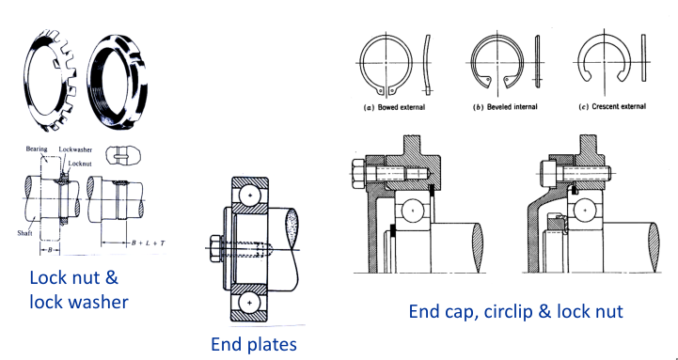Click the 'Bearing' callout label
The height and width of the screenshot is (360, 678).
pyautogui.click(x=37, y=149)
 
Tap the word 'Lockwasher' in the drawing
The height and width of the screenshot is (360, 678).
pyautogui.click(x=75, y=150)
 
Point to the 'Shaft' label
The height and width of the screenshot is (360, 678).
pyautogui.click(x=24, y=233)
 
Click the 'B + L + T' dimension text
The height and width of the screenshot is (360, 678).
pyautogui.click(x=148, y=243)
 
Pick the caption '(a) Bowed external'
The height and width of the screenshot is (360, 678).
pyautogui.click(x=393, y=107)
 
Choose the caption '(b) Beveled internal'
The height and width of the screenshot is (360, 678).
pyautogui.click(x=505, y=107)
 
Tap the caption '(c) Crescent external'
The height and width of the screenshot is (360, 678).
pyautogui.click(x=612, y=106)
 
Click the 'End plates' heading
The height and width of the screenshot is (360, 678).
pyautogui.click(x=253, y=344)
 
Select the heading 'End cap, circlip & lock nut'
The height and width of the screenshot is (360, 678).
pyautogui.click(x=516, y=312)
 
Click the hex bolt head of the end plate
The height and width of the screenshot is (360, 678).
pyautogui.click(x=215, y=248)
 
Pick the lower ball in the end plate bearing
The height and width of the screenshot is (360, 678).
pyautogui.click(x=249, y=303)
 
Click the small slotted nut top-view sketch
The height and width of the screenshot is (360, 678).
pyautogui.click(x=123, y=155)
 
